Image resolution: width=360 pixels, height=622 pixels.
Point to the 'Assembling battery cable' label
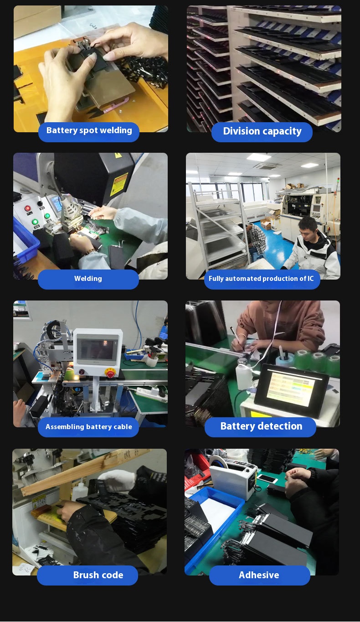(88, 427)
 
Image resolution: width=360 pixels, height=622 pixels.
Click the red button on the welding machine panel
(27, 208)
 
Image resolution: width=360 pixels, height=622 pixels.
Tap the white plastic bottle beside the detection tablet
(244, 373)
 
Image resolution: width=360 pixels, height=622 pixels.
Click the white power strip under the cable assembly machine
(151, 393)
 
